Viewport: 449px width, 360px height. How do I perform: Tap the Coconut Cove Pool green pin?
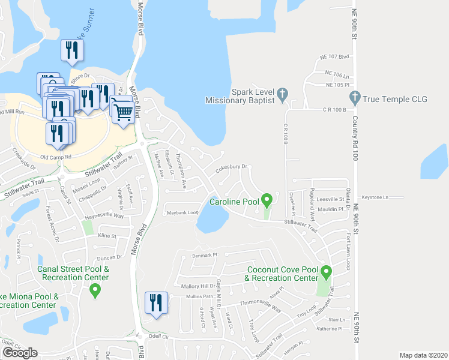[x=326, y=272]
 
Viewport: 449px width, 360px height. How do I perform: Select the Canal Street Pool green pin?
[x=94, y=291]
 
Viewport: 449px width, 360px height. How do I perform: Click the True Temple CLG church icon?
[x=355, y=96]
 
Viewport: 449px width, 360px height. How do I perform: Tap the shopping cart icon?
[x=124, y=112]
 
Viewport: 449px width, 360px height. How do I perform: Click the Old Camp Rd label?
[x=56, y=157]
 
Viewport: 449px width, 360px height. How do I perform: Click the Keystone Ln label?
[x=375, y=197]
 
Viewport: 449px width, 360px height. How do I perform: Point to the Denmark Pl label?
[x=203, y=255]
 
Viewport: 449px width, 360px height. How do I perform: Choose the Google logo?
[x=20, y=352]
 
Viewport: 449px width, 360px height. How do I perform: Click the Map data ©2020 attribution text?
[x=423, y=355]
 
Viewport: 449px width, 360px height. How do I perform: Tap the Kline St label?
[x=106, y=236]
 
